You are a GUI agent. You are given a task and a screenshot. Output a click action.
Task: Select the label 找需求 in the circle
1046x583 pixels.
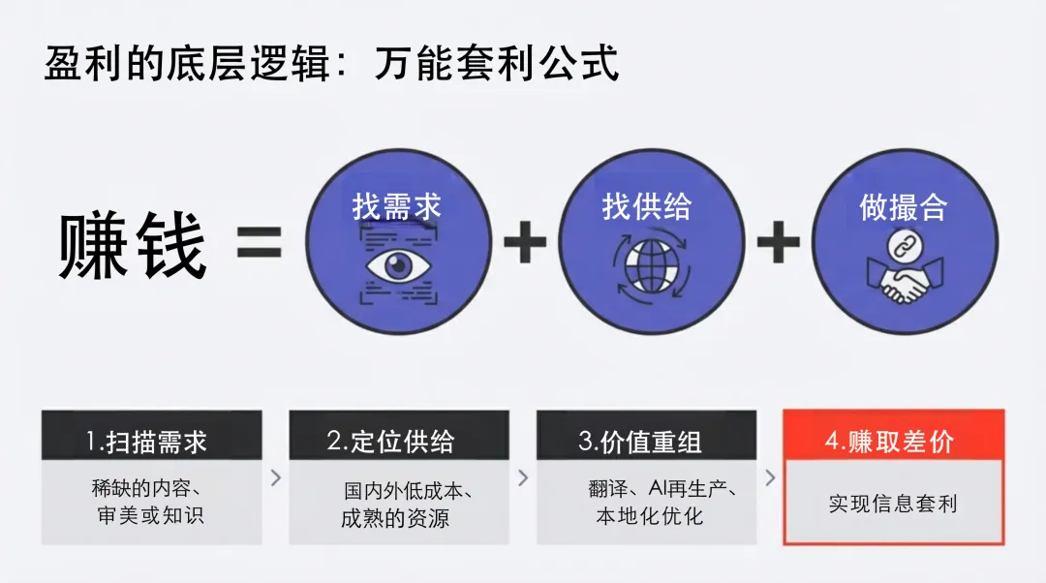pos(397,206)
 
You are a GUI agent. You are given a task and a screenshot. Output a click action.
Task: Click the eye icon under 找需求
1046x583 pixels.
pos(397,266)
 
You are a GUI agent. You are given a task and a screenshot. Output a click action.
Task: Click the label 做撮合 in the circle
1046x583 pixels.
pos(903,206)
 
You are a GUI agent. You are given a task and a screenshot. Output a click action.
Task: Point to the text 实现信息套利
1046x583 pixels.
pos(892,504)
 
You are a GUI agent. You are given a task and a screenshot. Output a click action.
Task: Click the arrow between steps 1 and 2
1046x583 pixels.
pos(276,477)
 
